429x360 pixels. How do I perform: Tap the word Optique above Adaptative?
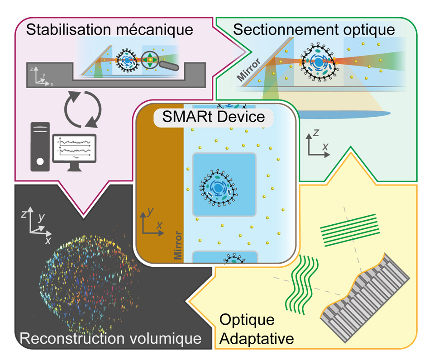247,320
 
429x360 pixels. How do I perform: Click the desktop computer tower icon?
40,146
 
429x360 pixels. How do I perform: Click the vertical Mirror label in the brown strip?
177,247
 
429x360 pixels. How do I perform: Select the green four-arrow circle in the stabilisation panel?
150,60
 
